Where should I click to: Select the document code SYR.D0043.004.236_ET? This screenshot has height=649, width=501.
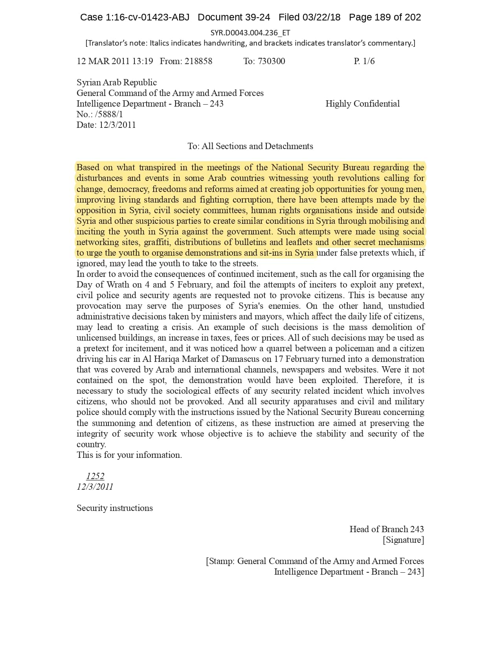pyautogui.click(x=250, y=33)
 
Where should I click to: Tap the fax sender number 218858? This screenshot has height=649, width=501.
pyautogui.click(x=198, y=61)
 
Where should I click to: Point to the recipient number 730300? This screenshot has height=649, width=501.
pyautogui.click(x=272, y=61)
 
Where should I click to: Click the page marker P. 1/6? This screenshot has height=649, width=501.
pyautogui.click(x=364, y=61)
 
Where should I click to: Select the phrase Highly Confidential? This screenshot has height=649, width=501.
pyautogui.click(x=362, y=103)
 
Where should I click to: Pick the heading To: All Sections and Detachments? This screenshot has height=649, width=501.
pyautogui.click(x=250, y=146)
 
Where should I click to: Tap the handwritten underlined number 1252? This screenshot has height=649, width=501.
pyautogui.click(x=95, y=476)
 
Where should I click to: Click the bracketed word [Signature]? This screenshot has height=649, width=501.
pyautogui.click(x=404, y=540)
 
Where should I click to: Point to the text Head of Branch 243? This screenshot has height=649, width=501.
pyautogui.click(x=387, y=529)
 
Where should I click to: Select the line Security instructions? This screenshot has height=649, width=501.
pyautogui.click(x=115, y=508)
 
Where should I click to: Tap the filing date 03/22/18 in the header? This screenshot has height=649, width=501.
pyautogui.click(x=321, y=17)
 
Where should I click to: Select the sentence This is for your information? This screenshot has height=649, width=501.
pyautogui.click(x=129, y=455)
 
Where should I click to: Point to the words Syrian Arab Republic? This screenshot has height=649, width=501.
pyautogui.click(x=117, y=82)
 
